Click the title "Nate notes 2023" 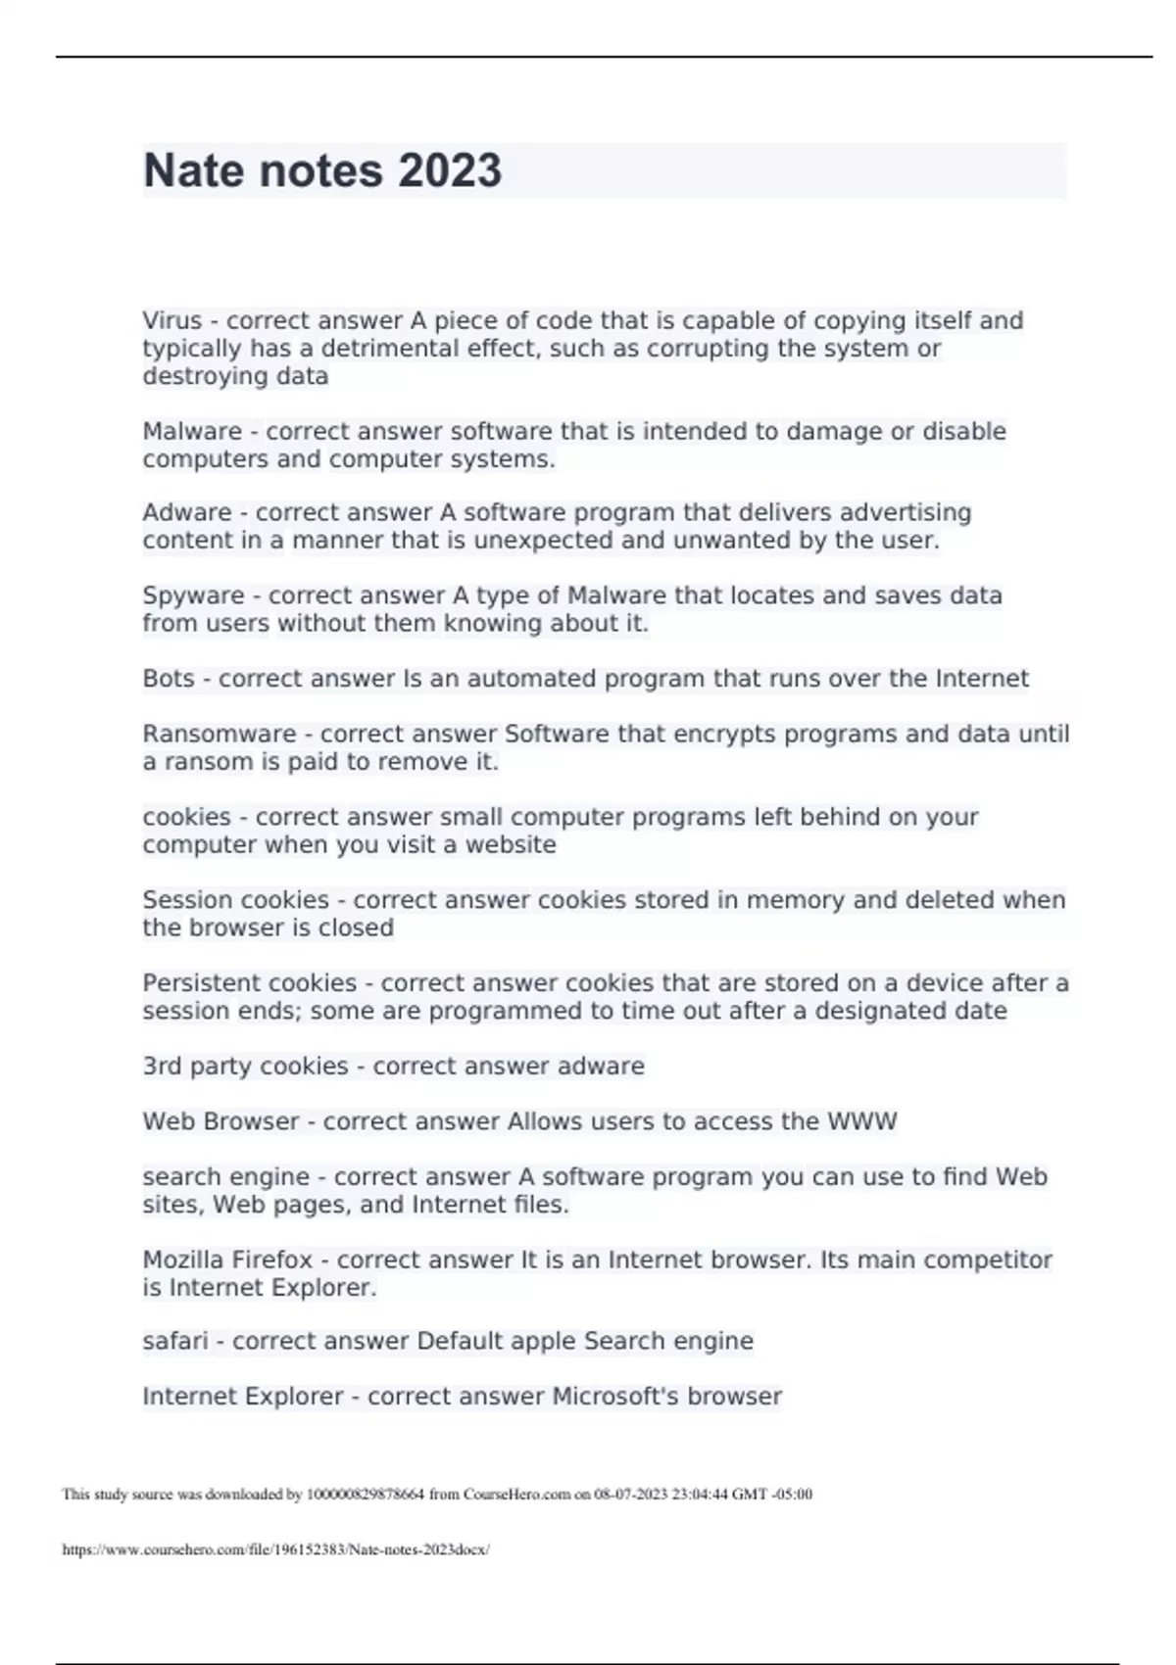[x=322, y=170]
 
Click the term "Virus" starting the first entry [x=172, y=321]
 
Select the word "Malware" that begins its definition [x=192, y=432]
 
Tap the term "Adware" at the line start [x=187, y=513]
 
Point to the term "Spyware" [x=193, y=596]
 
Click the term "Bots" [x=169, y=679]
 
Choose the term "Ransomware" [x=220, y=735]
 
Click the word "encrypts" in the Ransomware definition [x=664, y=735]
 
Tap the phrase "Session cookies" [x=235, y=900]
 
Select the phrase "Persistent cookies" [x=249, y=983]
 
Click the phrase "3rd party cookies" [x=245, y=1067]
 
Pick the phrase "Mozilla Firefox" [x=227, y=1260]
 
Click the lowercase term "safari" [x=175, y=1341]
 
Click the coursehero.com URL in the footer [x=275, y=1550]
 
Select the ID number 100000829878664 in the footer [x=366, y=1495]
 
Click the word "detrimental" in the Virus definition [x=392, y=349]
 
